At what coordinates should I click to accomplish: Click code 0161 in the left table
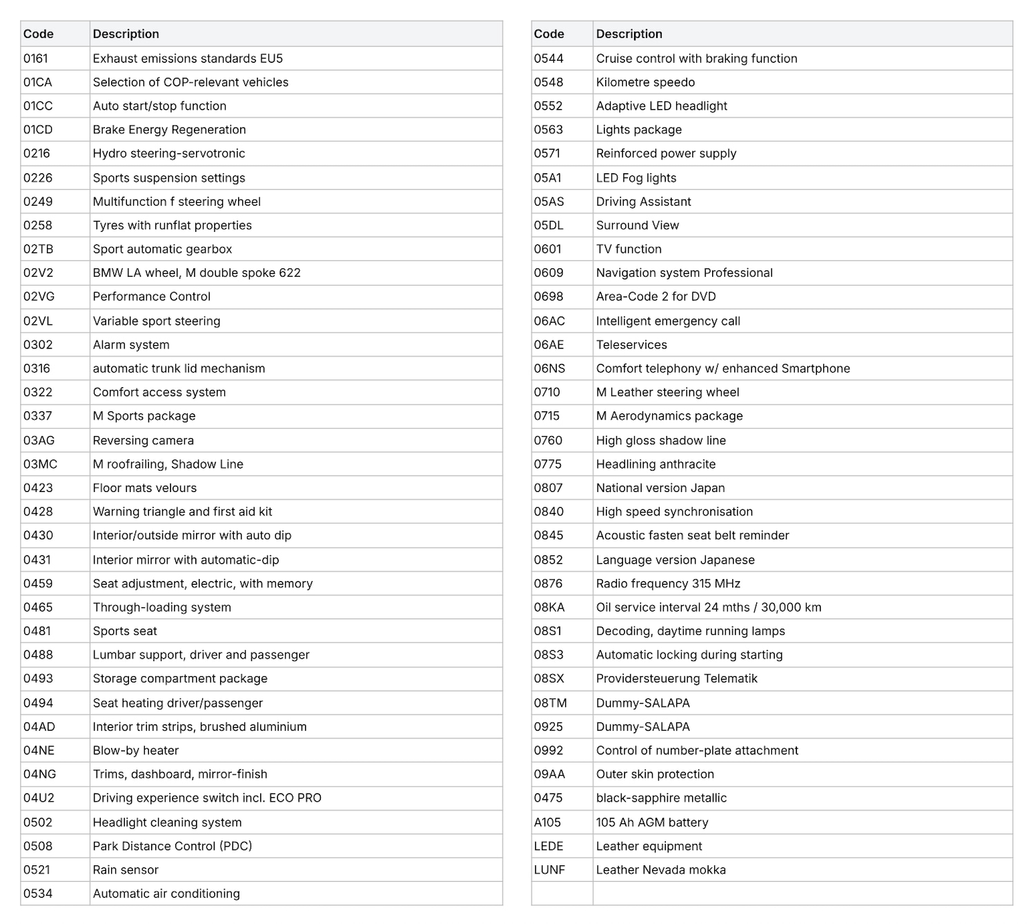pos(36,59)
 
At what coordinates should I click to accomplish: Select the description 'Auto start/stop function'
pos(159,106)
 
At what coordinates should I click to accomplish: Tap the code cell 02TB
pos(39,249)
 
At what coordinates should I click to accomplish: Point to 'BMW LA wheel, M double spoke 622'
pos(197,273)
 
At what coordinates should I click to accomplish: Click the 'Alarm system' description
pos(131,345)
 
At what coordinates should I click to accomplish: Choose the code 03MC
pos(40,464)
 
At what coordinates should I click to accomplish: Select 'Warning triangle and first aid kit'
pos(182,512)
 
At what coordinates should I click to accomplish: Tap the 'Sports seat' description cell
pos(125,631)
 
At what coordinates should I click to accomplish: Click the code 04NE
pos(39,751)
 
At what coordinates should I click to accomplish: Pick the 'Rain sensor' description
pos(126,870)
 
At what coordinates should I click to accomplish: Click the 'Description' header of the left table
pos(126,34)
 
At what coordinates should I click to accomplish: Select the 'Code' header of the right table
pos(549,34)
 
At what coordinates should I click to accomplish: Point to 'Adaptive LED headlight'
pos(662,106)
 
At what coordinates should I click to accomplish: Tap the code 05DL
pos(549,226)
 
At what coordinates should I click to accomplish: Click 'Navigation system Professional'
pos(684,273)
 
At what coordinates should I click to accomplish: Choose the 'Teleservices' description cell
pos(631,345)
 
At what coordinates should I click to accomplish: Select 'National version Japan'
pos(660,489)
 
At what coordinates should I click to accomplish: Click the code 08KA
pos(549,608)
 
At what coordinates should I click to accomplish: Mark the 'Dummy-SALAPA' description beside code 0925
pos(643,727)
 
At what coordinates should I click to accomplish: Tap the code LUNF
pos(549,870)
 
